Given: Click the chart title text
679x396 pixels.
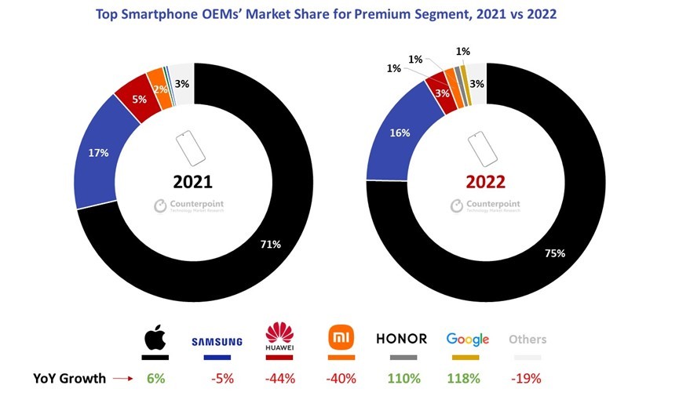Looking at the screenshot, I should (339, 13).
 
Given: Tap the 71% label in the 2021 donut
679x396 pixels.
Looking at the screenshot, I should (270, 245).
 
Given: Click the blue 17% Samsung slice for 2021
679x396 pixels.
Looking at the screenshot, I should (98, 154).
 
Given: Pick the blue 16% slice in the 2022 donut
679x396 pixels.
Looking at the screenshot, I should (400, 133).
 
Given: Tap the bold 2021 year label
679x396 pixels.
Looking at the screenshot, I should (193, 182).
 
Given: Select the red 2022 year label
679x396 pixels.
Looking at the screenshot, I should (484, 182).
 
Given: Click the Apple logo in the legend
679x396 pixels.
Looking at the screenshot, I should (155, 339).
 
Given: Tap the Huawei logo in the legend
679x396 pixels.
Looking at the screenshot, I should (280, 338).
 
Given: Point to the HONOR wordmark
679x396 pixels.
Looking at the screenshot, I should (401, 339).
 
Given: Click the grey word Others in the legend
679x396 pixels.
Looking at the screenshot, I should (528, 340).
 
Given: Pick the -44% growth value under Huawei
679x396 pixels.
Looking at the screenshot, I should (279, 379).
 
